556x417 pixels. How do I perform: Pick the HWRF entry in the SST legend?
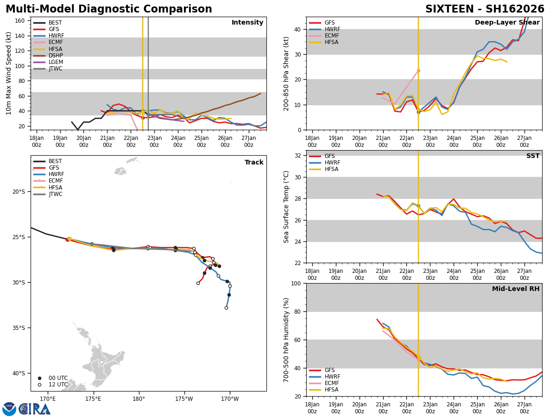(332, 163)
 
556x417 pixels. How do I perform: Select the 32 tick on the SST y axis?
(298, 156)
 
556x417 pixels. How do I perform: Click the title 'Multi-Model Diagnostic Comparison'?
(109, 9)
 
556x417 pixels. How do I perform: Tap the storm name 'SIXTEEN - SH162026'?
(485, 9)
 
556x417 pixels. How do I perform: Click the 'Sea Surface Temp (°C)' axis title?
(286, 207)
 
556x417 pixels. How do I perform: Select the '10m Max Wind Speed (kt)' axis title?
(9, 73)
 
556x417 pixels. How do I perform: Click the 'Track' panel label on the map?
(254, 162)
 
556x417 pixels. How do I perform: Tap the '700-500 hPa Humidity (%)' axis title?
(286, 340)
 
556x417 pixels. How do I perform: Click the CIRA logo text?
(35, 409)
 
